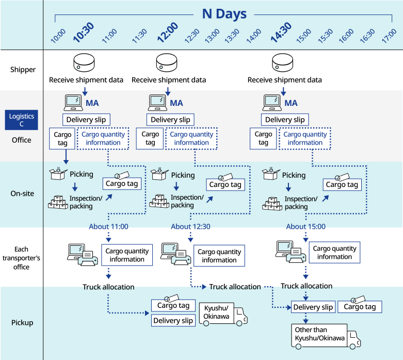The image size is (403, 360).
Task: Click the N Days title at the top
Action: (x=224, y=14)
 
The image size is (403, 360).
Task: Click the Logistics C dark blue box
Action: (x=22, y=120)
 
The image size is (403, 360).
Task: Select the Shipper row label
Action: (x=23, y=70)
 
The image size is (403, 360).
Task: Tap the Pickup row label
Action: (x=22, y=323)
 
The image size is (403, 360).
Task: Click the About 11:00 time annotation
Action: (x=108, y=226)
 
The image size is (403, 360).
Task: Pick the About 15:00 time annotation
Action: (x=305, y=226)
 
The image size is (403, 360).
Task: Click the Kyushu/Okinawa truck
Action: (x=223, y=315)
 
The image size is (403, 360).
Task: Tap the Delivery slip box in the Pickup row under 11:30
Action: (x=173, y=321)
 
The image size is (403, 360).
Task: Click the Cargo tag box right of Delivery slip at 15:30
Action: (x=360, y=307)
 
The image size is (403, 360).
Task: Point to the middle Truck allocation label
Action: (x=235, y=287)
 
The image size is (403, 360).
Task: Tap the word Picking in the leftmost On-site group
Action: (x=82, y=174)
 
